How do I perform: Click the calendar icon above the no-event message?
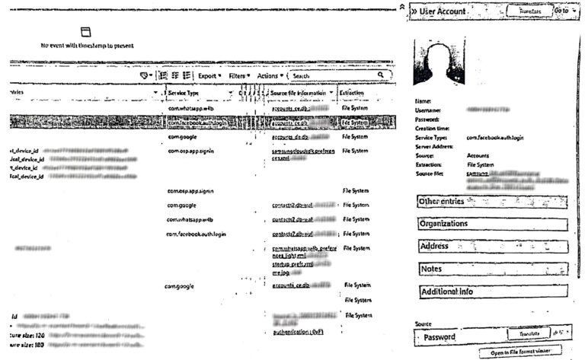(85, 32)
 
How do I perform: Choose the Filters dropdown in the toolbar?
(240, 76)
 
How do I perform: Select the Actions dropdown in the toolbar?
(270, 76)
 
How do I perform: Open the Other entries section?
(492, 201)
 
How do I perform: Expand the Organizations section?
(492, 225)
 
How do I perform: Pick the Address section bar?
(492, 247)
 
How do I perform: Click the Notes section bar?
(492, 269)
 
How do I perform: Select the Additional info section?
(492, 292)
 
